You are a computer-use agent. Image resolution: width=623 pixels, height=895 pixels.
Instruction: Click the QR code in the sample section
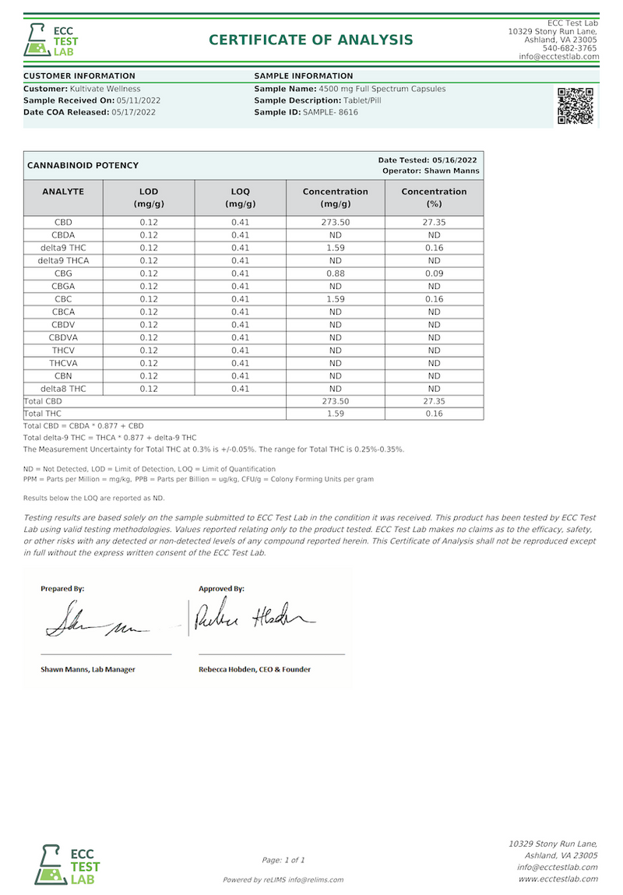pos(575,107)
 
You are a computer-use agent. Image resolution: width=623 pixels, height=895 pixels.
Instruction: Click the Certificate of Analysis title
pos(311,40)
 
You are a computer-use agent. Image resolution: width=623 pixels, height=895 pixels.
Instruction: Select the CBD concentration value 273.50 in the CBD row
pos(335,222)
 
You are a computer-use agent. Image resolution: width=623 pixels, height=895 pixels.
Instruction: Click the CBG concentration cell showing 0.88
pos(335,273)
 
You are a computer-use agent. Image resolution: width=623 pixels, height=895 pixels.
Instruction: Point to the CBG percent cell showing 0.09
pos(434,273)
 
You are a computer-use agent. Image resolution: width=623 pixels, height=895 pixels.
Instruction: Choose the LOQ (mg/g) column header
pos(240,198)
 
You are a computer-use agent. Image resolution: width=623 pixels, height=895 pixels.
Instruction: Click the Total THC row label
pos(43,414)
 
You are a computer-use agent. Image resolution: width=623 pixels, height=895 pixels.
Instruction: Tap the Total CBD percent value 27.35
pos(434,401)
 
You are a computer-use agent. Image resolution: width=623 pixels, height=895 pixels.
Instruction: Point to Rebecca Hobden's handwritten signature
pos(254,618)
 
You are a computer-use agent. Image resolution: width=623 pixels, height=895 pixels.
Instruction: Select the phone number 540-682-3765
pos(571,48)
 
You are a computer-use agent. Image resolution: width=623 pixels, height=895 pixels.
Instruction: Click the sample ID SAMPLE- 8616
pos(330,112)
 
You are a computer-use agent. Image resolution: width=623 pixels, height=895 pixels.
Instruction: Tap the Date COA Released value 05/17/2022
pos(134,112)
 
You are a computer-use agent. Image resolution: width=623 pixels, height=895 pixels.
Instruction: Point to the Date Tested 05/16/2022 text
pos(428,160)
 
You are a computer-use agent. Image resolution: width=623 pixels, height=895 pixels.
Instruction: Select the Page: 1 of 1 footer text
pos(283,860)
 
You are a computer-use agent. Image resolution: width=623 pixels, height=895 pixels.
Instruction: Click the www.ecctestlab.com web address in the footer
pos(558,879)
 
